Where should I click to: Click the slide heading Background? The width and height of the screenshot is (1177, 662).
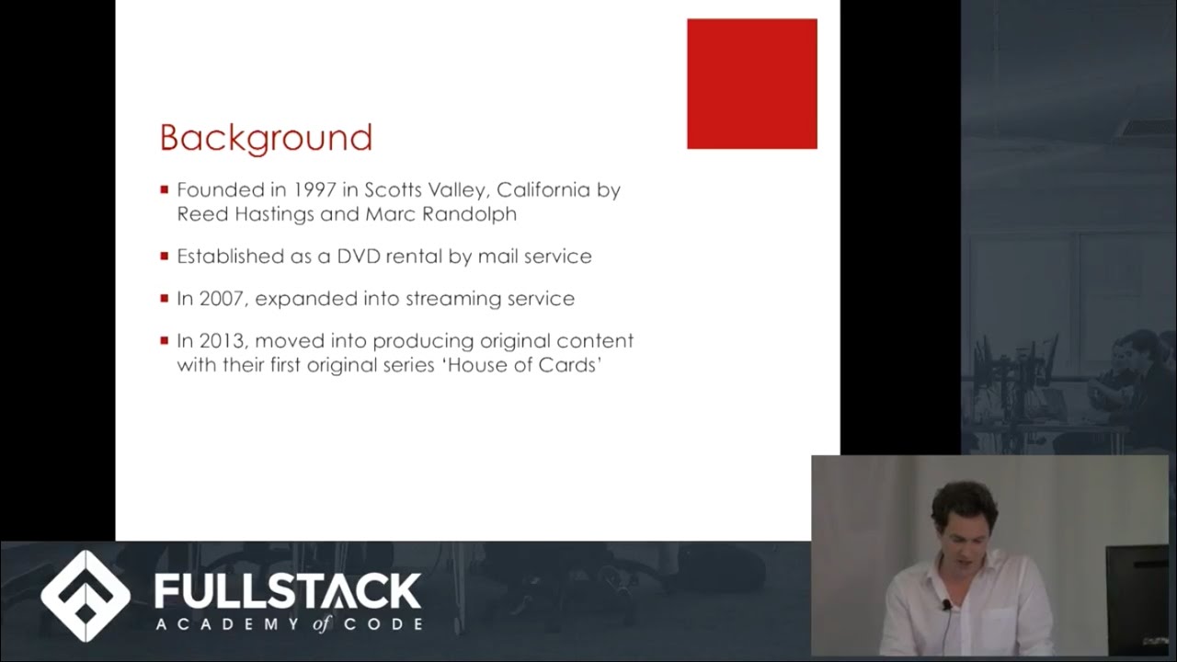pyautogui.click(x=266, y=138)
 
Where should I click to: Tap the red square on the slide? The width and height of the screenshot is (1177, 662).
pyautogui.click(x=751, y=84)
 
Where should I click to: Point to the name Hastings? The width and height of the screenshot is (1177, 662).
pyautogui.click(x=277, y=214)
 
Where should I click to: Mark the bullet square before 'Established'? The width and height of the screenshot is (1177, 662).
pyautogui.click(x=165, y=257)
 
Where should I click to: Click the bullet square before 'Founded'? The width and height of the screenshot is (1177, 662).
pyautogui.click(x=165, y=190)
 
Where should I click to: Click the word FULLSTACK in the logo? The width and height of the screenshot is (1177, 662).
pyautogui.click(x=288, y=590)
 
